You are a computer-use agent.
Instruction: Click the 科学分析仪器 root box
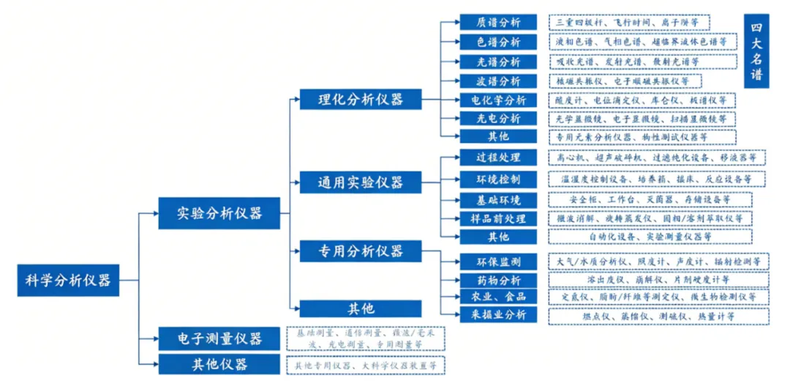[x=67, y=279]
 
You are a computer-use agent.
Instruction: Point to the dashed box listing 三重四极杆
[x=629, y=23]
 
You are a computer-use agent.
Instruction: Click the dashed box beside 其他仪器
[x=366, y=364]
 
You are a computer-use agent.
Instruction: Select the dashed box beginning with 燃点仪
[x=658, y=316]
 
